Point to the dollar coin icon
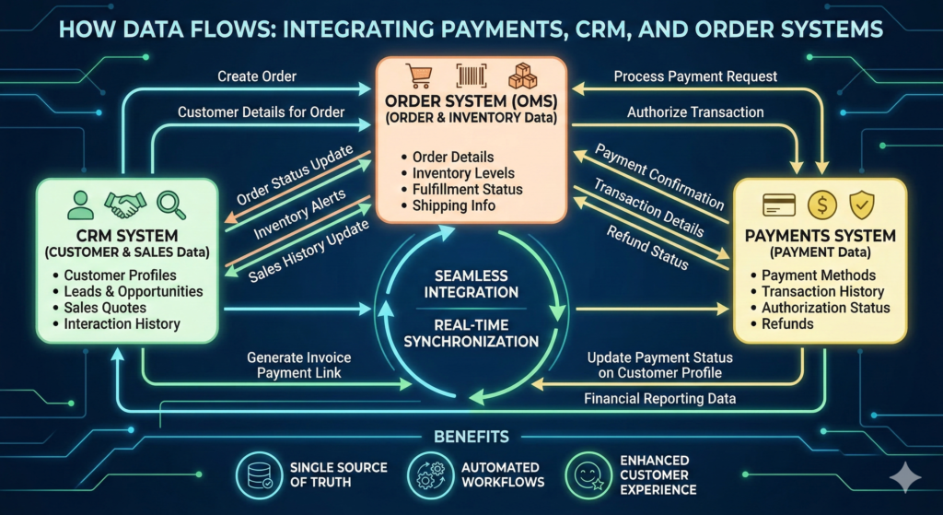821,205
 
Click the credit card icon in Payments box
778,205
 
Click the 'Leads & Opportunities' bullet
134,291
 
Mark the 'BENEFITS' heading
471,436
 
